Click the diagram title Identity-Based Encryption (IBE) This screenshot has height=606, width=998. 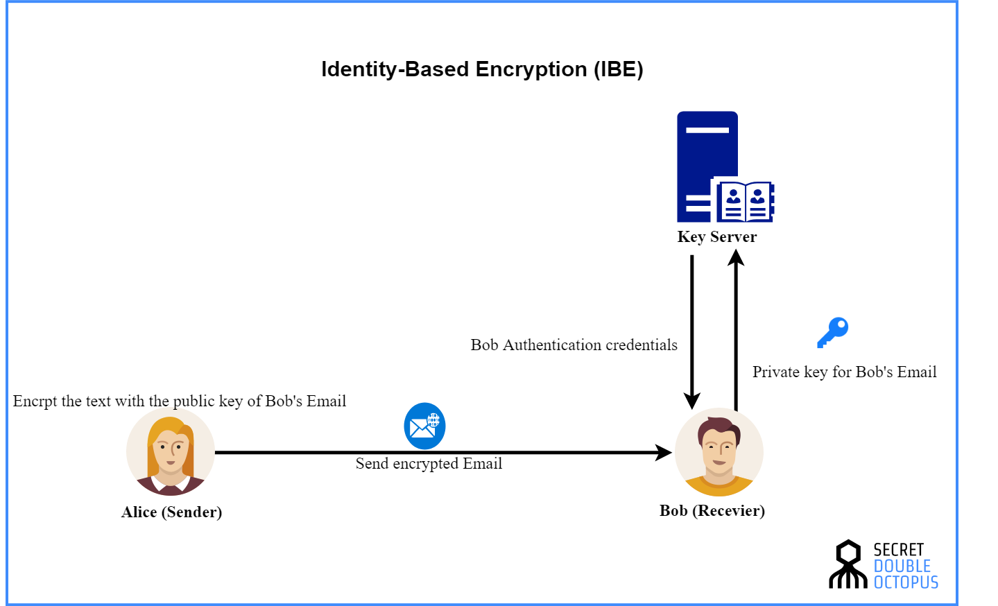pyautogui.click(x=482, y=69)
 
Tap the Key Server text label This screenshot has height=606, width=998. pyautogui.click(x=717, y=237)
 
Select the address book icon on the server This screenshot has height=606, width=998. pyautogui.click(x=744, y=201)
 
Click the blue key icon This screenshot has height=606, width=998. pyautogui.click(x=832, y=333)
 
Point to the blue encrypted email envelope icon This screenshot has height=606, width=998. pyautogui.click(x=424, y=426)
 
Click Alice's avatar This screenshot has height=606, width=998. pyautogui.click(x=170, y=451)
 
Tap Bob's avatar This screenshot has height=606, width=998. pyautogui.click(x=719, y=452)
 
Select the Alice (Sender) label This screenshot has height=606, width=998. pyautogui.click(x=171, y=512)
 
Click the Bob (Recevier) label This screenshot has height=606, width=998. pyautogui.click(x=712, y=511)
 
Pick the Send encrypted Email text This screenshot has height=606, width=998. pyautogui.click(x=429, y=464)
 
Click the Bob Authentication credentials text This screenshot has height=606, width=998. pyautogui.click(x=574, y=345)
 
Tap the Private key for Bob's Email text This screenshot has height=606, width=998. pyautogui.click(x=844, y=372)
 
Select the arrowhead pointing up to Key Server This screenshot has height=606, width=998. pyautogui.click(x=736, y=257)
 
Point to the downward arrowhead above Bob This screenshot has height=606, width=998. pyautogui.click(x=692, y=401)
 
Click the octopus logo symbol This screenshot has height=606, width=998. pyautogui.click(x=848, y=564)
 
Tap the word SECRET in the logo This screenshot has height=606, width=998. pyautogui.click(x=899, y=550)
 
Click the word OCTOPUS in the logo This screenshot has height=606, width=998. pyautogui.click(x=906, y=582)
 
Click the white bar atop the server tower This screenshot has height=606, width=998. pyautogui.click(x=707, y=130)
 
